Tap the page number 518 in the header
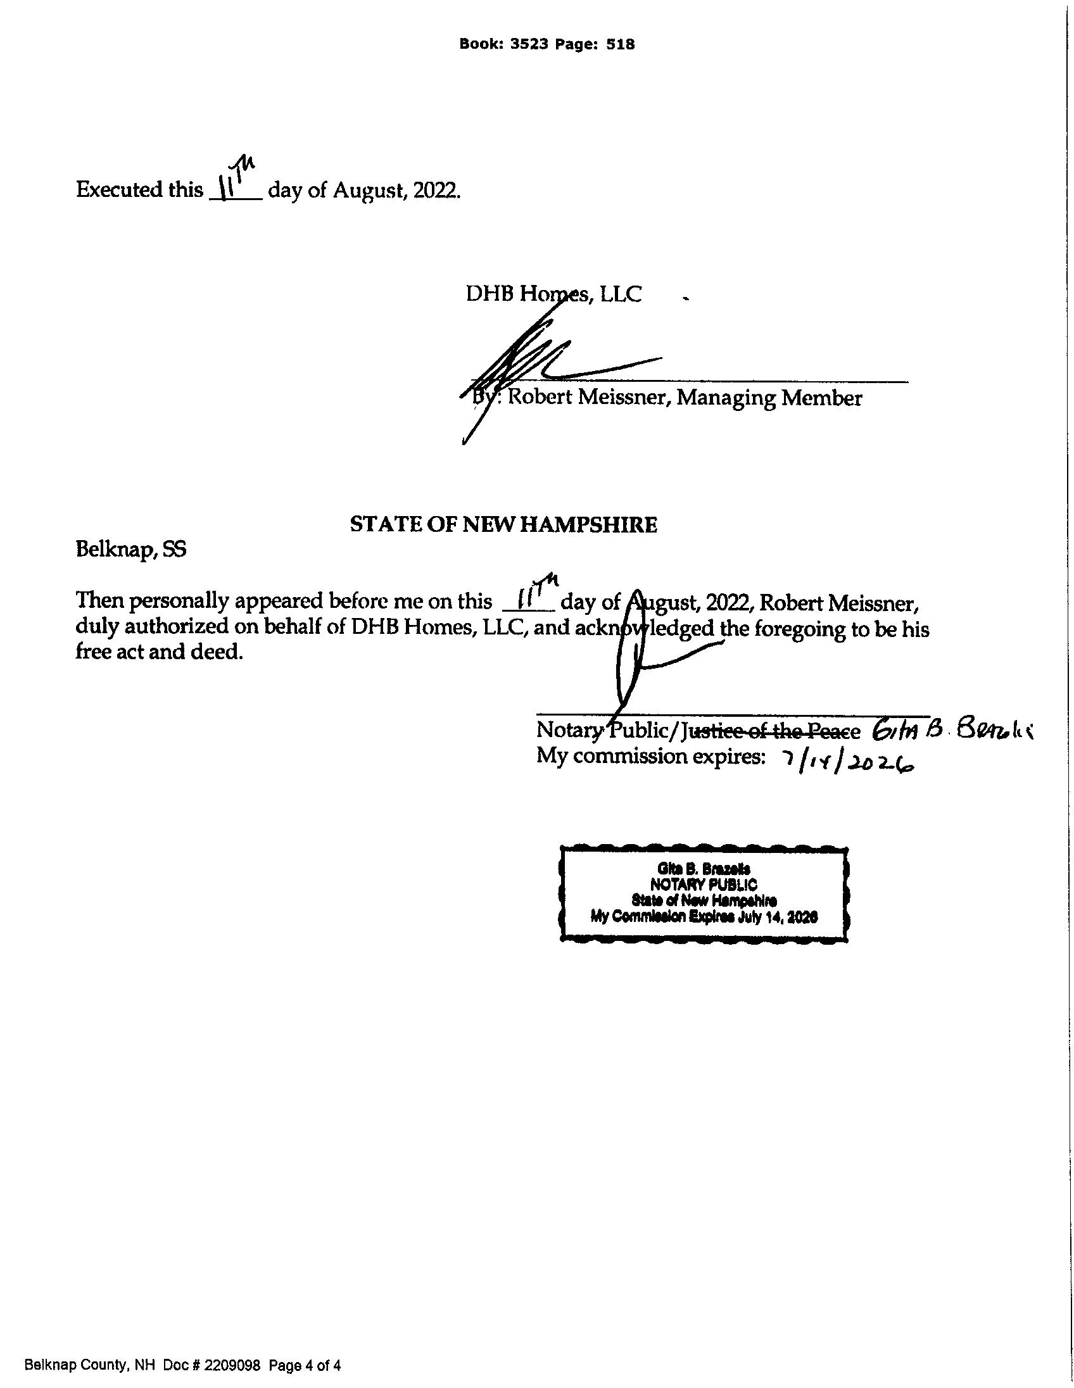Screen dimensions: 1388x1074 (x=621, y=44)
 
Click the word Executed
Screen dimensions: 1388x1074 (x=119, y=190)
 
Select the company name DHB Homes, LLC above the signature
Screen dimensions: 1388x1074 (x=553, y=294)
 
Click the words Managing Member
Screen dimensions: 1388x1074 (x=769, y=398)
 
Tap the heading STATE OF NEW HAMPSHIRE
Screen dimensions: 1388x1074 (x=503, y=525)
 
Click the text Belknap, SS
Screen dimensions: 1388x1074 (x=131, y=550)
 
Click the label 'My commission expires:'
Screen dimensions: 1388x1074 (x=649, y=757)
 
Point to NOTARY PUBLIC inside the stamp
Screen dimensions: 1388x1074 (x=703, y=884)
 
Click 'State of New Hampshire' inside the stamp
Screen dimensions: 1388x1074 (x=704, y=900)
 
